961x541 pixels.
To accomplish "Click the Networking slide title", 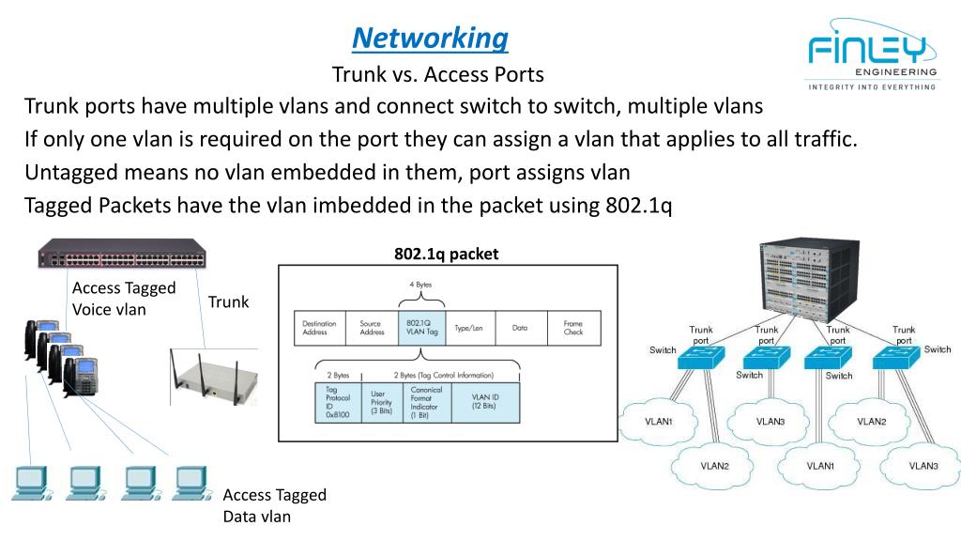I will coord(431,39).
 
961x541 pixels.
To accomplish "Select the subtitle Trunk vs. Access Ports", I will coord(438,73).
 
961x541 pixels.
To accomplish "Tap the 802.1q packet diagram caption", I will coord(447,254).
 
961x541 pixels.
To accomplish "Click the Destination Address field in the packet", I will coord(320,328).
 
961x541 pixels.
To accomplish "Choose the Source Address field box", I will coord(373,328).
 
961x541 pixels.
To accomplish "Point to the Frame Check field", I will coord(572,328).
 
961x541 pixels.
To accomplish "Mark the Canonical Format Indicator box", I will coord(427,401).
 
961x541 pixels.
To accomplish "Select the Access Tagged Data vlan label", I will coord(274,505).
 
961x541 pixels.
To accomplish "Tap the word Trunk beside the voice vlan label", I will coord(229,301).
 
